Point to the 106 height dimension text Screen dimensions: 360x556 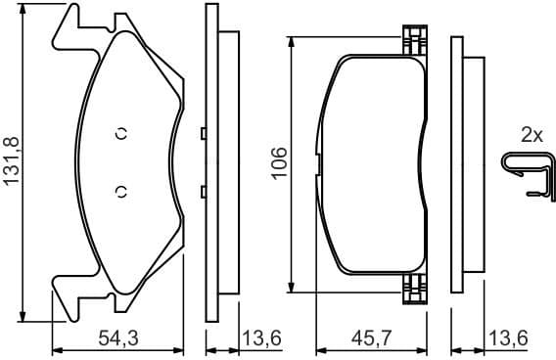click(x=279, y=161)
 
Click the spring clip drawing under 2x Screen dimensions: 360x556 click(x=524, y=173)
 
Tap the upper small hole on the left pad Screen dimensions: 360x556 click(x=121, y=135)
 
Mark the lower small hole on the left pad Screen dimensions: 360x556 click(x=121, y=191)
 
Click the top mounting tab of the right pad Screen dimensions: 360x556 click(x=415, y=40)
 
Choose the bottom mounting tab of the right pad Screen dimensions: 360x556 click(x=415, y=285)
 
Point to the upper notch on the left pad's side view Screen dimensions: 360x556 click(x=201, y=134)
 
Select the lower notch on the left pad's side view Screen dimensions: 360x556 click(x=201, y=191)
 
